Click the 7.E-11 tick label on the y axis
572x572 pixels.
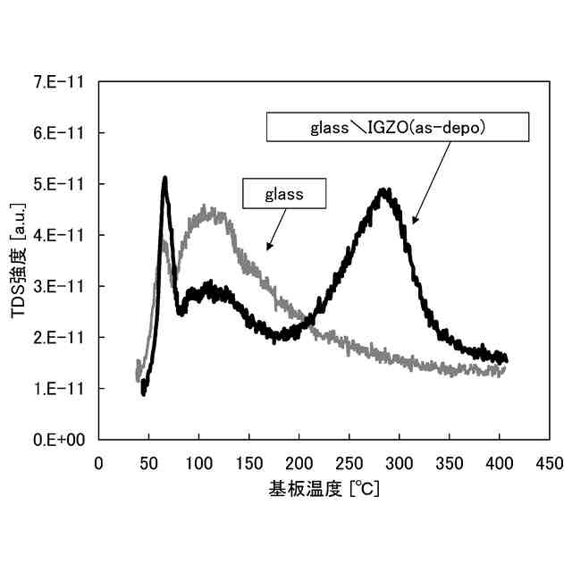coord(58,82)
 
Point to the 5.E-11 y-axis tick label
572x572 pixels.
coord(58,184)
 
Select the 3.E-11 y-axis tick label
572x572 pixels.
coord(58,286)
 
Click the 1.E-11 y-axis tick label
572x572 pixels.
coord(58,389)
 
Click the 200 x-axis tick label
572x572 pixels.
coord(299,463)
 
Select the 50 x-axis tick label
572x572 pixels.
coord(148,463)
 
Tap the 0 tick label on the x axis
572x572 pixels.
coord(98,463)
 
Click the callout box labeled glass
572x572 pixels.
coord(285,192)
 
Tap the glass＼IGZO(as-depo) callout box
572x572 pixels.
coord(397,127)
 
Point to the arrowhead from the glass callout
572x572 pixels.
coord(266,248)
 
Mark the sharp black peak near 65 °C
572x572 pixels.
coord(164,179)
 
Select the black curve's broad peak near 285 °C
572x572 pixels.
coord(384,191)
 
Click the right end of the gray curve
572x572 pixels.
coord(505,368)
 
